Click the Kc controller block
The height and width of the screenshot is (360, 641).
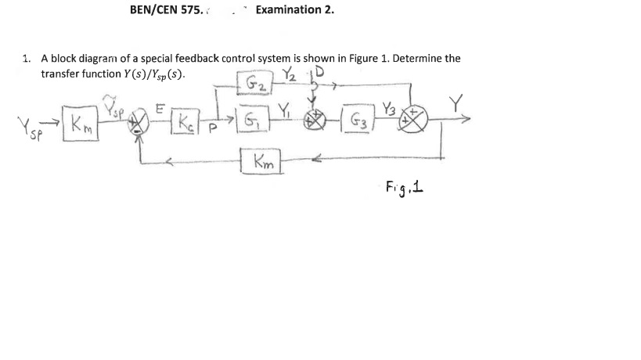pyautogui.click(x=185, y=124)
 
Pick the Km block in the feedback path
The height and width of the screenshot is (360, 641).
pyautogui.click(x=261, y=163)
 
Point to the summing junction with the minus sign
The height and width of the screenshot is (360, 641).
pyautogui.click(x=140, y=124)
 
